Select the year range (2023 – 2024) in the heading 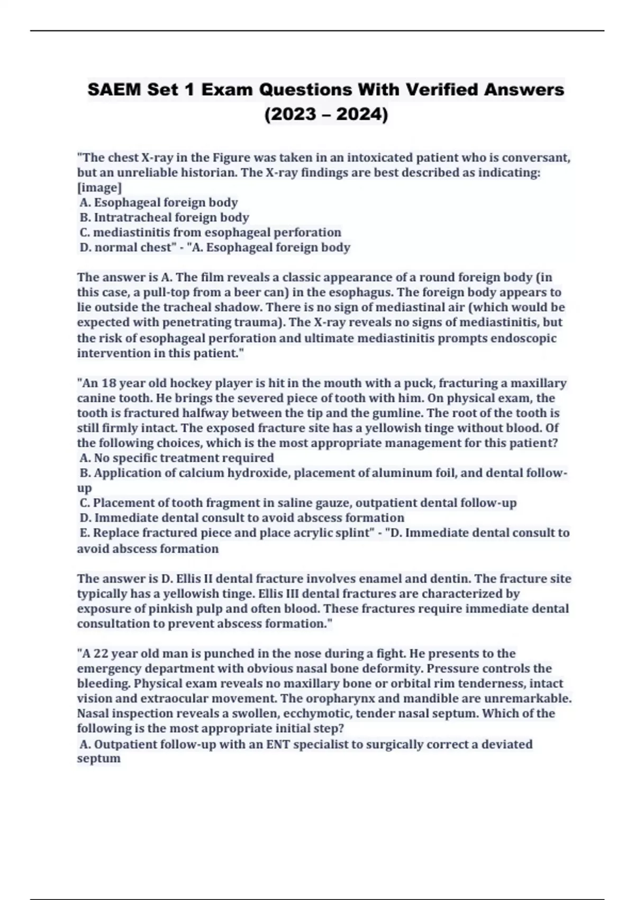326,114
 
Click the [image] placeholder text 99,187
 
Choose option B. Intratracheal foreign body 164,217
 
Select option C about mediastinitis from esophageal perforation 210,232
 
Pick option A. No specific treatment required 177,457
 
